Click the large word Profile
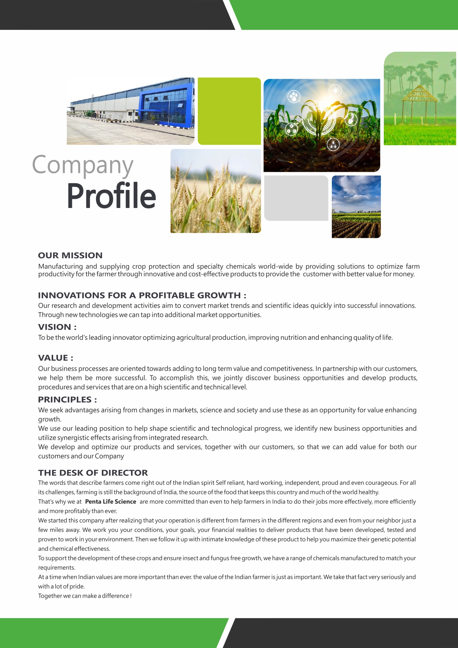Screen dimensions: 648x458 click(111, 196)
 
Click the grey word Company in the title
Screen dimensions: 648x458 click(82, 165)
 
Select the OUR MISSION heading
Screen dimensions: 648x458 click(70, 255)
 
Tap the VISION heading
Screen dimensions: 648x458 click(57, 327)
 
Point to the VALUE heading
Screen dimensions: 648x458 click(55, 358)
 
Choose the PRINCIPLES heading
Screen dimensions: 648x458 click(67, 399)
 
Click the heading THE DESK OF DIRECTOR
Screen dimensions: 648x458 click(93, 473)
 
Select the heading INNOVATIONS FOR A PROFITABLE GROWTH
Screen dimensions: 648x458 click(142, 295)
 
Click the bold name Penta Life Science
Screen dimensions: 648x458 click(110, 501)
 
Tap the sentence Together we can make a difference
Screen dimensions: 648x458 click(85, 596)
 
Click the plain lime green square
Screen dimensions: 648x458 click(229, 111)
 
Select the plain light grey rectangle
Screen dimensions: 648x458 click(296, 198)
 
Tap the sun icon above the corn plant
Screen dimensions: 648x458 click(335, 90)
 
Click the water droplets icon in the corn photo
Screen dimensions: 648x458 click(294, 97)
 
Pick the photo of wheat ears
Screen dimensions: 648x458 click(216, 191)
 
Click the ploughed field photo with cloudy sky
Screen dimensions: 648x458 click(356, 207)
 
